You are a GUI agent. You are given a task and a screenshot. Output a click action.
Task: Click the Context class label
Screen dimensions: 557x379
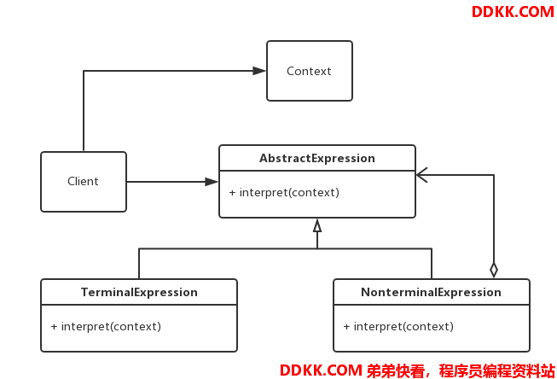pyautogui.click(x=309, y=71)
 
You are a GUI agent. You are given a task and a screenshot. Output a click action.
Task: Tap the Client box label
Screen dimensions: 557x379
pyautogui.click(x=83, y=181)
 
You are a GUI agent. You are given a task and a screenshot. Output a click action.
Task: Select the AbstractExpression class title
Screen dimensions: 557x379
pyautogui.click(x=316, y=158)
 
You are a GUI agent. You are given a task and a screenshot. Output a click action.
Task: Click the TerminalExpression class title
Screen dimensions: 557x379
pyautogui.click(x=139, y=292)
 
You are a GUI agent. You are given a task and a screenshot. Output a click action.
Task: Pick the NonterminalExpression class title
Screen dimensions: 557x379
pyautogui.click(x=431, y=292)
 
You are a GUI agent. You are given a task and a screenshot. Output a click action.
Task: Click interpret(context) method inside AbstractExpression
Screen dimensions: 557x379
pyautogui.click(x=289, y=193)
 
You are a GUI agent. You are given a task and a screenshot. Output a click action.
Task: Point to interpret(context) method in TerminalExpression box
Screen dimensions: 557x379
pyautogui.click(x=111, y=326)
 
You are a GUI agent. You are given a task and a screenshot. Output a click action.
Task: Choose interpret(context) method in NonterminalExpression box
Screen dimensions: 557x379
pyautogui.click(x=403, y=326)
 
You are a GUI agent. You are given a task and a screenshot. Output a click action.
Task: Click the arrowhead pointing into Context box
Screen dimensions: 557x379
pyautogui.click(x=259, y=71)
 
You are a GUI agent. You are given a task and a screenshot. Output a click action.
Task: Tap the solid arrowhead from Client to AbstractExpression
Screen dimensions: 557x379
pyautogui.click(x=212, y=182)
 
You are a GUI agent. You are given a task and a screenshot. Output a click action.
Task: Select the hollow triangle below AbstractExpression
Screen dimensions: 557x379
pyautogui.click(x=317, y=225)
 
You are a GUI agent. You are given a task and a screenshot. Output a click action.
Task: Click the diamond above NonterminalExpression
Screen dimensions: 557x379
pyautogui.click(x=493, y=271)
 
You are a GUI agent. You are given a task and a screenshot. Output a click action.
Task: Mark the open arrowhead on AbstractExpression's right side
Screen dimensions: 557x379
pyautogui.click(x=421, y=175)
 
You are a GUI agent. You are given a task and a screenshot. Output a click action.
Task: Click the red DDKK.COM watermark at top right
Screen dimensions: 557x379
pyautogui.click(x=513, y=12)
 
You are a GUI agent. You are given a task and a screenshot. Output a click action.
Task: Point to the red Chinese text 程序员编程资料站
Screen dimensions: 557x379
pyautogui.click(x=496, y=370)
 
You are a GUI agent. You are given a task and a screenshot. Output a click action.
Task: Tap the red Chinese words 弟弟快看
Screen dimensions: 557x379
pyautogui.click(x=395, y=370)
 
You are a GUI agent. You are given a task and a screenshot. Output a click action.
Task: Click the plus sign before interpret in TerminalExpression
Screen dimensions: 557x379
pyautogui.click(x=54, y=327)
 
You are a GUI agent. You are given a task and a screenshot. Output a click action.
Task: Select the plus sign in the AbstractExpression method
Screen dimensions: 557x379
pyautogui.click(x=232, y=193)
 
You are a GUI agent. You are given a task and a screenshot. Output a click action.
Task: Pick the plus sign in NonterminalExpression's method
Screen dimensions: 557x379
pyautogui.click(x=346, y=327)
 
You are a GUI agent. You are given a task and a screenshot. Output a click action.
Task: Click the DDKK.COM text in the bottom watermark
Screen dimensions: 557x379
pyautogui.click(x=321, y=370)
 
